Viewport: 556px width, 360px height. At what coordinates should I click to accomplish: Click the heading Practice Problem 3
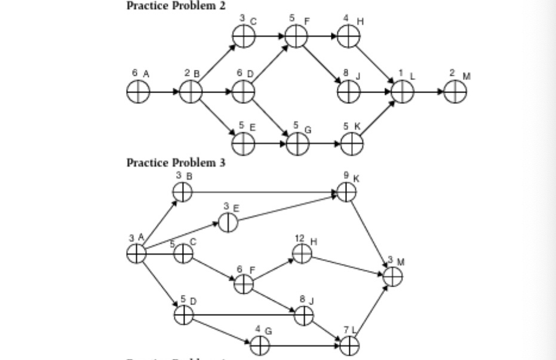(176, 162)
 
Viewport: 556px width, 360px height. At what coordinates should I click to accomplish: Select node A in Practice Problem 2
(137, 92)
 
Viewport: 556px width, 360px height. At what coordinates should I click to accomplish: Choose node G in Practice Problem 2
(297, 144)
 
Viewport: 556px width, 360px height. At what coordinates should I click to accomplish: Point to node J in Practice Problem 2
(348, 92)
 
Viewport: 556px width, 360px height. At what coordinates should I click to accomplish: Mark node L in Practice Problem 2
(403, 92)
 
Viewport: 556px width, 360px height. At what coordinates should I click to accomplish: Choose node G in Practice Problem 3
(259, 344)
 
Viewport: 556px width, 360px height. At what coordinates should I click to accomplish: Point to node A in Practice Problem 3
(136, 254)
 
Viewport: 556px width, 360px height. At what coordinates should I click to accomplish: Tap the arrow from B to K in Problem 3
(263, 192)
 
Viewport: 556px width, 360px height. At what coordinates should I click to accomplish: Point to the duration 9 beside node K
(346, 176)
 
